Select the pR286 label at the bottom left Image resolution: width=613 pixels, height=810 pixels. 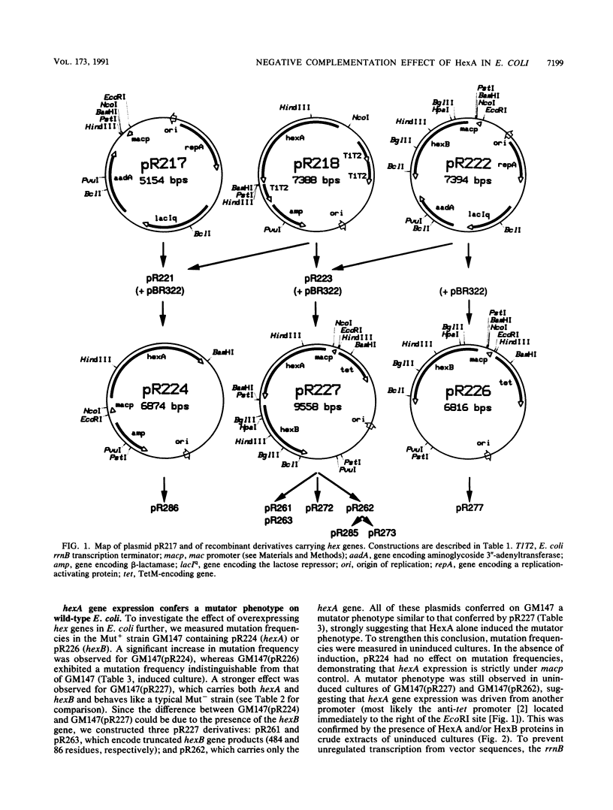pos(163,508)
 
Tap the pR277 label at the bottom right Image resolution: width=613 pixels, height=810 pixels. pos(470,508)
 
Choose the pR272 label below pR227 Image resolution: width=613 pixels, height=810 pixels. pos(319,508)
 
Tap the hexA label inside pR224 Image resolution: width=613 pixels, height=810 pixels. pos(156,359)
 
